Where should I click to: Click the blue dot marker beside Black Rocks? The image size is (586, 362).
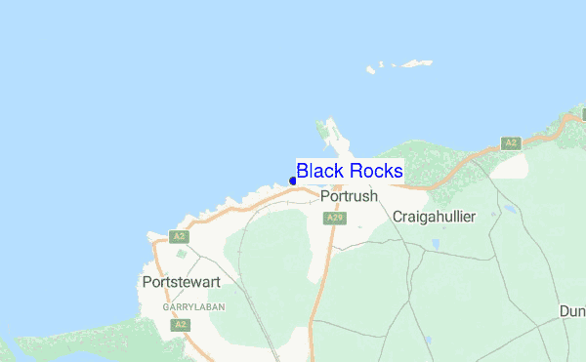point(293,181)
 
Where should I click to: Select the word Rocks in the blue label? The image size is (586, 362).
point(374,172)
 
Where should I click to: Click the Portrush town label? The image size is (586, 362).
point(349,196)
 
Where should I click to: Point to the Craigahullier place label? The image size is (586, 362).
point(433,216)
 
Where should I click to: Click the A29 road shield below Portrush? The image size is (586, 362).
point(335,217)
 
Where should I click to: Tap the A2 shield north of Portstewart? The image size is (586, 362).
point(177,236)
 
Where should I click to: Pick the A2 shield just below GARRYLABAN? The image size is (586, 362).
point(179,325)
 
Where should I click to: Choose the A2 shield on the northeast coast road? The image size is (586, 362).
point(510,143)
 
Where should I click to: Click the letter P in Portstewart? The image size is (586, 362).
point(146,282)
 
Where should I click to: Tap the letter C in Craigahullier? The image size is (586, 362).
point(397,216)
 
